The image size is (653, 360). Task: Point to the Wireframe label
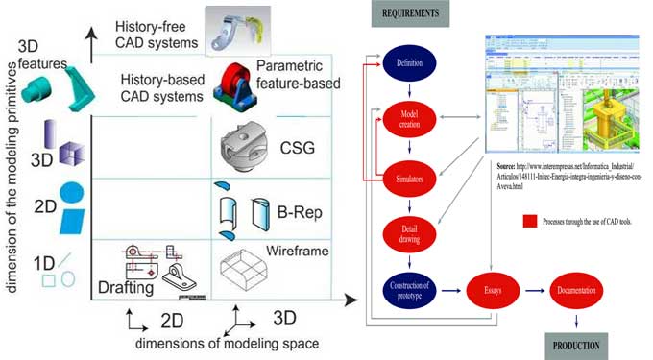(298, 252)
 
